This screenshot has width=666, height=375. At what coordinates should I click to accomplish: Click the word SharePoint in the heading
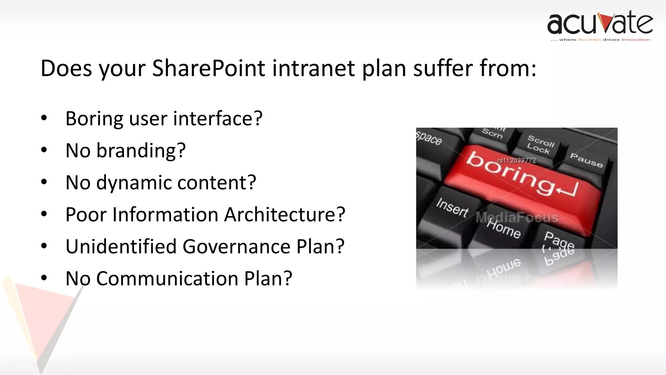[208, 68]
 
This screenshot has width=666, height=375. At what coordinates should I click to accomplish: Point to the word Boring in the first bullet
[94, 118]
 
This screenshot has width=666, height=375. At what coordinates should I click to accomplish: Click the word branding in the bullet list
[141, 151]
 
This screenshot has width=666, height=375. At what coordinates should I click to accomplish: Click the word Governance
[236, 246]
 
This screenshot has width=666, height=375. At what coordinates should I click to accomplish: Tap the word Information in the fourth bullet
[165, 215]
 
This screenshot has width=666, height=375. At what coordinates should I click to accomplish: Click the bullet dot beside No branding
[44, 150]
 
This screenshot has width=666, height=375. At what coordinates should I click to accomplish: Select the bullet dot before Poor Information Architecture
[44, 214]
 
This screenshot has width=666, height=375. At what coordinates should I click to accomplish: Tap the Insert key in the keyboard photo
[452, 208]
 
